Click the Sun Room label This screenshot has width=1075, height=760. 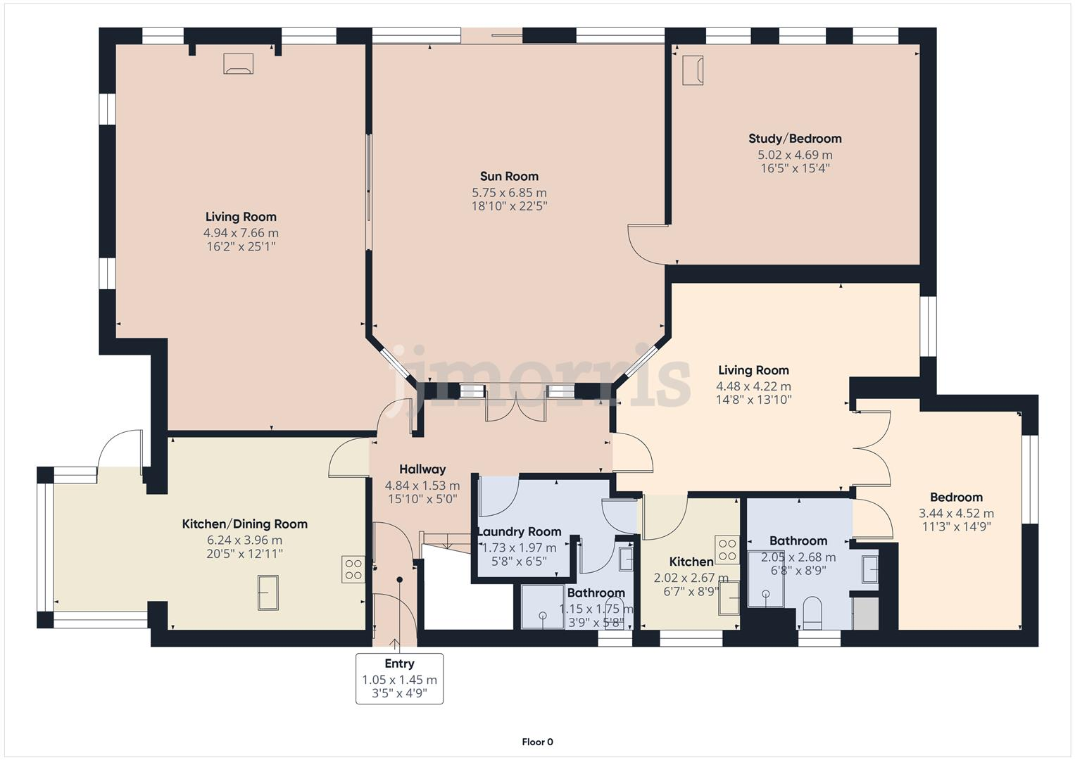pyautogui.click(x=509, y=177)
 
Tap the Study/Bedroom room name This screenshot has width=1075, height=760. pyautogui.click(x=795, y=139)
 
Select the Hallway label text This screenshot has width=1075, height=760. pyautogui.click(x=422, y=469)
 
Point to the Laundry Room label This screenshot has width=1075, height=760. pyautogui.click(x=520, y=532)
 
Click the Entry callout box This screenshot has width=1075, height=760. pyautogui.click(x=399, y=678)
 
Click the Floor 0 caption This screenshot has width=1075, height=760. pyautogui.click(x=537, y=742)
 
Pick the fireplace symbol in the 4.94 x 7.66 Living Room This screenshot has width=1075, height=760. pyautogui.click(x=238, y=64)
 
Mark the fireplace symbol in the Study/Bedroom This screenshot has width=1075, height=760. pyautogui.click(x=693, y=70)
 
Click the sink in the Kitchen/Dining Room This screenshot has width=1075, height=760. pyautogui.click(x=268, y=593)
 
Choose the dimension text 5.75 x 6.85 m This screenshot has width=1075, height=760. pyautogui.click(x=509, y=193)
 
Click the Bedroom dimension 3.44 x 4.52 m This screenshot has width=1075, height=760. pyautogui.click(x=956, y=514)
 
